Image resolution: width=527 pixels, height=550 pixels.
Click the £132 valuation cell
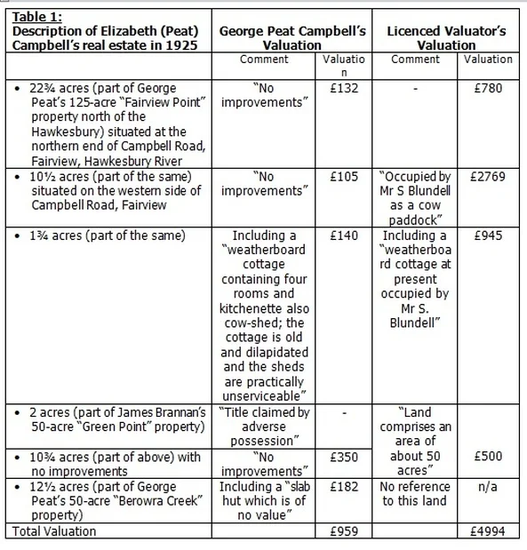[335, 88]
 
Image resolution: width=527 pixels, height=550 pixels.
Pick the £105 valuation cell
[335, 177]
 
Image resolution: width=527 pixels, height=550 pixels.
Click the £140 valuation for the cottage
[335, 236]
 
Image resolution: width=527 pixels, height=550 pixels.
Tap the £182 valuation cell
[335, 487]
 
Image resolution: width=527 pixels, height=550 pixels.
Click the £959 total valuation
[335, 531]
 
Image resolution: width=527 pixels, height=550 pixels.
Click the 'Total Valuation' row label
[52, 531]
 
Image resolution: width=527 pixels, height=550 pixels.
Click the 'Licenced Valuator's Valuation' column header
[446, 37]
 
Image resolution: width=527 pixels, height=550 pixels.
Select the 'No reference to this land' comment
[416, 494]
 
